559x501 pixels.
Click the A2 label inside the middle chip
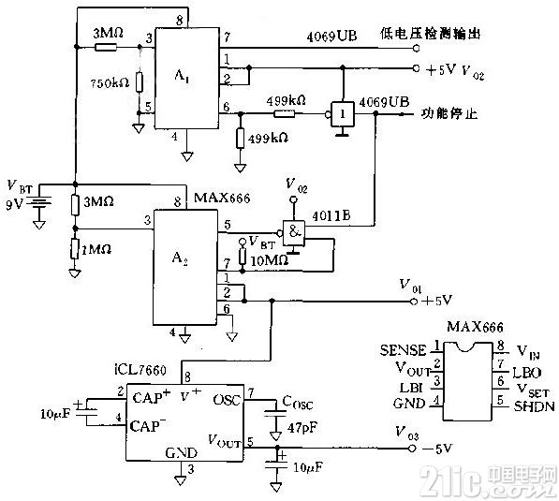(188, 265)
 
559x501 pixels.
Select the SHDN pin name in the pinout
(509, 404)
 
